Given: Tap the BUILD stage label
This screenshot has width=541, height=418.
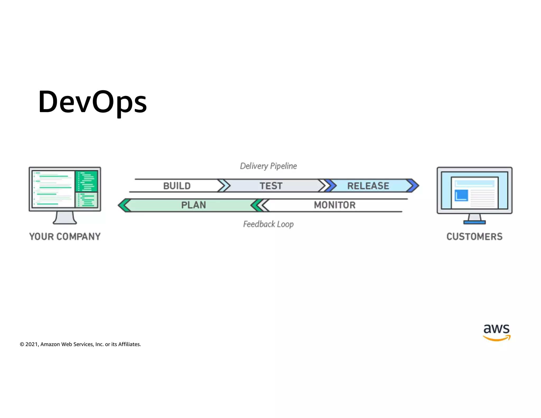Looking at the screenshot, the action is point(177,186).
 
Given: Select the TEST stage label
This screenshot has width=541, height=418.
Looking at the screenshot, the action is point(271,186).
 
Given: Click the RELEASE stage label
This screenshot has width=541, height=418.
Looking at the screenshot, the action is point(368,186).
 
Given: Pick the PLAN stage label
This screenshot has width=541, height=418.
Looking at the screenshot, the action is point(193,205).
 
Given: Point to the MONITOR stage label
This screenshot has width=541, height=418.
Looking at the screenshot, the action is point(335,205).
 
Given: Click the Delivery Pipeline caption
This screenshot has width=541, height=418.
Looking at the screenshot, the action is point(268,166).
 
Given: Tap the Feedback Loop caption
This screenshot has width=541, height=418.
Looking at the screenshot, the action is point(268,224).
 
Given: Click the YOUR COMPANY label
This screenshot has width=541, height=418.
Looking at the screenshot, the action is point(65,236).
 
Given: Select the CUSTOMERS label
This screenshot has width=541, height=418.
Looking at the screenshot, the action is point(474,236).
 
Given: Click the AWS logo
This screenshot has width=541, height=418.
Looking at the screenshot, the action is point(497,332).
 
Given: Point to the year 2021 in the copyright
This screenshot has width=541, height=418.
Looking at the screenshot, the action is point(31,344).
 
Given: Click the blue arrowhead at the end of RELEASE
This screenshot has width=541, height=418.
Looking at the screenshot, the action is point(413,185).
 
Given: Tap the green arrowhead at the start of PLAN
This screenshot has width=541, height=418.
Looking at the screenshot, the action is point(124,205).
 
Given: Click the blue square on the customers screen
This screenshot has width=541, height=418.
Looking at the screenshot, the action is point(461,195).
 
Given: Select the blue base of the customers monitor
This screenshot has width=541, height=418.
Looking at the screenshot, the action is point(474,222).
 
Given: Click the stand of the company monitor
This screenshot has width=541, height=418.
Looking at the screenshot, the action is point(65,218).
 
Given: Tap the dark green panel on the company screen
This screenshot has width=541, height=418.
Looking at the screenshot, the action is point(86,181).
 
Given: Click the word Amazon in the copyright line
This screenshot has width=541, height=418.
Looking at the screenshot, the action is point(50,344).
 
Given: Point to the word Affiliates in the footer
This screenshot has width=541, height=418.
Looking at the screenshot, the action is point(129,344).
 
